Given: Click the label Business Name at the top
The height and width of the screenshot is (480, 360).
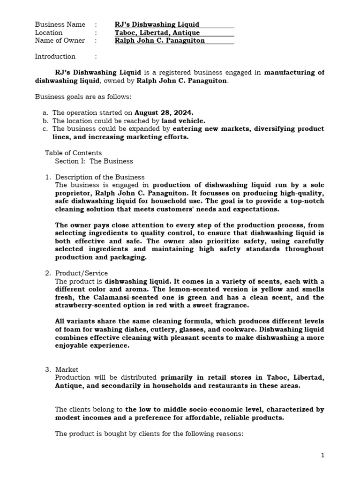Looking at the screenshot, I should [x=60, y=24].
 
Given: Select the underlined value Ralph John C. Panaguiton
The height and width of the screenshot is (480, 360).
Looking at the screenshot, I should [x=160, y=40].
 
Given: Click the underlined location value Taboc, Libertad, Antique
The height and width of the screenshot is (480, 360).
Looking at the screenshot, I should [x=157, y=32].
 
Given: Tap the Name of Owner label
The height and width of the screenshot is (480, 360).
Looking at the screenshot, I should [x=60, y=40].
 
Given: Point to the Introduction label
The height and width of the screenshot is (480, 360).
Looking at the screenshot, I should [x=55, y=56].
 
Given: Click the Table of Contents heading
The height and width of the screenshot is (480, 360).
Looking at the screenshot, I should [x=73, y=153].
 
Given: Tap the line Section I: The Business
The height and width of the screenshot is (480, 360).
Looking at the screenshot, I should [x=94, y=161].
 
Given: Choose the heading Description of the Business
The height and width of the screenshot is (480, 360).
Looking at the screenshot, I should [x=100, y=177].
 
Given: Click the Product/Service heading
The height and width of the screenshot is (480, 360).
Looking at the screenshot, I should [x=82, y=273].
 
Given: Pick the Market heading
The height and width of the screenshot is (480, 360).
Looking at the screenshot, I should [x=67, y=369].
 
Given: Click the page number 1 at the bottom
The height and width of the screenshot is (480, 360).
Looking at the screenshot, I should [x=322, y=455].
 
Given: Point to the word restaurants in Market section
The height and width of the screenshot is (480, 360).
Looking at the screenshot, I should [x=230, y=385].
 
